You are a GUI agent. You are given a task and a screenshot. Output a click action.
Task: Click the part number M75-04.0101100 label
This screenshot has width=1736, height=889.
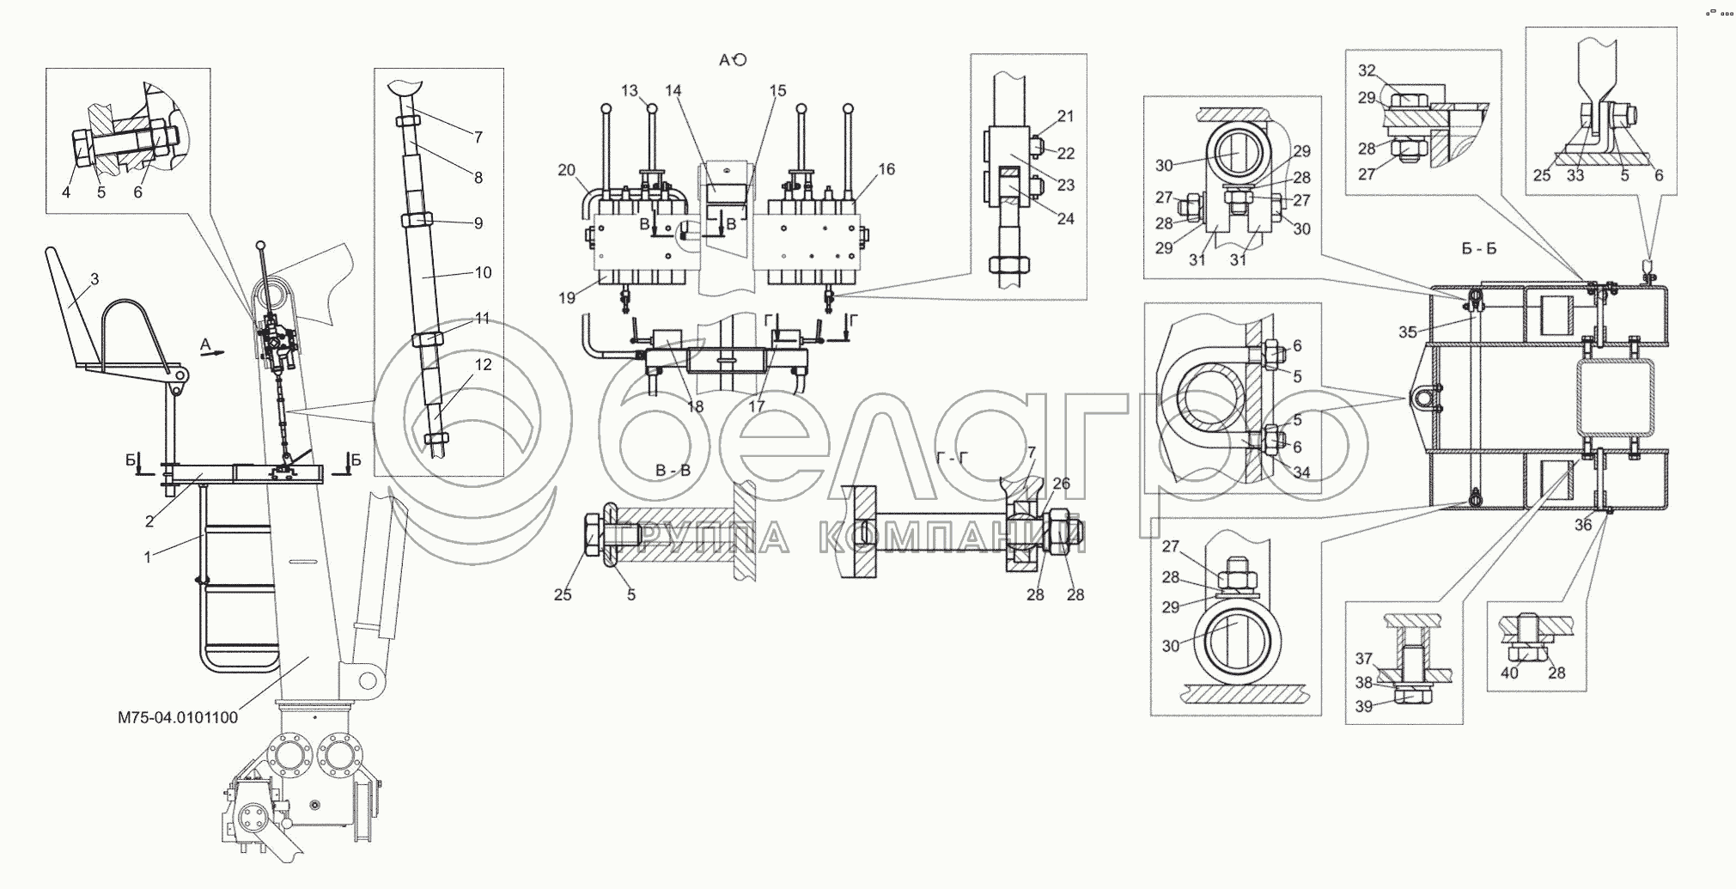pos(178,717)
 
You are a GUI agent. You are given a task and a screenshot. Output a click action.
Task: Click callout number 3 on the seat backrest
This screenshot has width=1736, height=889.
pos(94,279)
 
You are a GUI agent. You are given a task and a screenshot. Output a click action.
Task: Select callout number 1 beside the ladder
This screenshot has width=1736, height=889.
pos(148,557)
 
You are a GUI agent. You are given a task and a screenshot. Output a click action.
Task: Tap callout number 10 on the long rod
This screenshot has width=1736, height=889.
pos(484,272)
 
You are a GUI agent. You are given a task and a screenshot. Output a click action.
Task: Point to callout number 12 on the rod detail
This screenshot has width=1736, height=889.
pos(484,365)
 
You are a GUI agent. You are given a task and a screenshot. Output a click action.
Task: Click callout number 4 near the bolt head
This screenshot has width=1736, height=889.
pos(66,192)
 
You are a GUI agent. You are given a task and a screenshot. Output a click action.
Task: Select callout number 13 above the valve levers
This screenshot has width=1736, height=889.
pos(630,91)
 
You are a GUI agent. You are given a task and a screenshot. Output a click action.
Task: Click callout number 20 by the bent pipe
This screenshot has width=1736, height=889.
pos(567,170)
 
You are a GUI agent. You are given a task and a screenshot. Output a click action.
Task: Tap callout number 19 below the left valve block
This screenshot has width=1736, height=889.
pos(567,299)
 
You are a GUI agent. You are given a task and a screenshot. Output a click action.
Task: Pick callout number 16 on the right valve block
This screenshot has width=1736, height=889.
pos(886,169)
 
